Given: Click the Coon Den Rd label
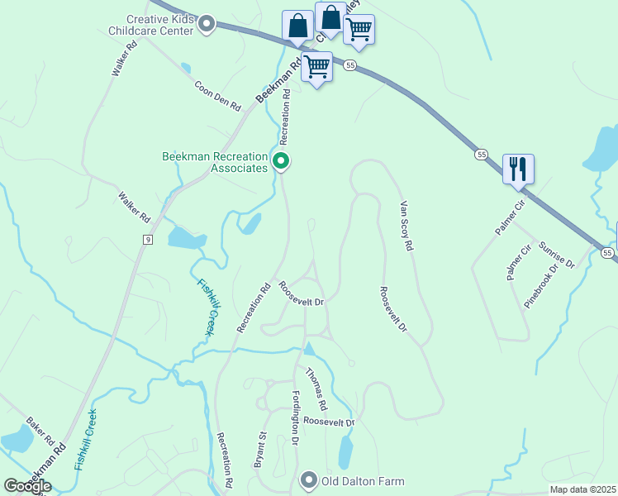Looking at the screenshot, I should click(x=217, y=96).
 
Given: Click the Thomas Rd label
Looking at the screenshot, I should click(x=316, y=391).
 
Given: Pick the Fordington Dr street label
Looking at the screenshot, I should click(x=295, y=418).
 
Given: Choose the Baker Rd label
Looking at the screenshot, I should click(x=40, y=429).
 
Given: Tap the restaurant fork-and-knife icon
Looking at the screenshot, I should click(x=518, y=169).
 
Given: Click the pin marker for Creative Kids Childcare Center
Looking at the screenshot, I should click(x=207, y=25).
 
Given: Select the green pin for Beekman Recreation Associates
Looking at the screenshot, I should click(x=282, y=161).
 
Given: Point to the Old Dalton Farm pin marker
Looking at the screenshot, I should click(x=309, y=479).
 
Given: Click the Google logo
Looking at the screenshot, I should click(x=27, y=486).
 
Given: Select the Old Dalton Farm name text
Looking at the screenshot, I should click(x=363, y=480).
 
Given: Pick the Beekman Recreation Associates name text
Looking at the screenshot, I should click(x=216, y=161).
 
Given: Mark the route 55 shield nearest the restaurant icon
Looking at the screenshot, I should click(x=481, y=154).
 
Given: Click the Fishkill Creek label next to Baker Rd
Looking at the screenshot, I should click(x=85, y=440).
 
